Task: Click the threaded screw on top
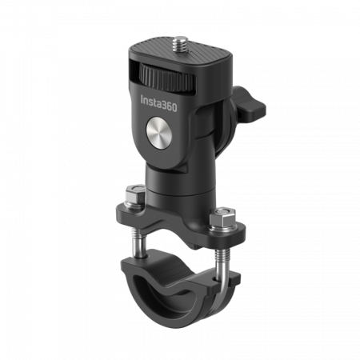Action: tap(180, 44)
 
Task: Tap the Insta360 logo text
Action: tap(158, 103)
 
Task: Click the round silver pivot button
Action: tap(159, 132)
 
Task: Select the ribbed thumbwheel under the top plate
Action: tap(167, 78)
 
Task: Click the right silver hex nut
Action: tap(222, 218)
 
